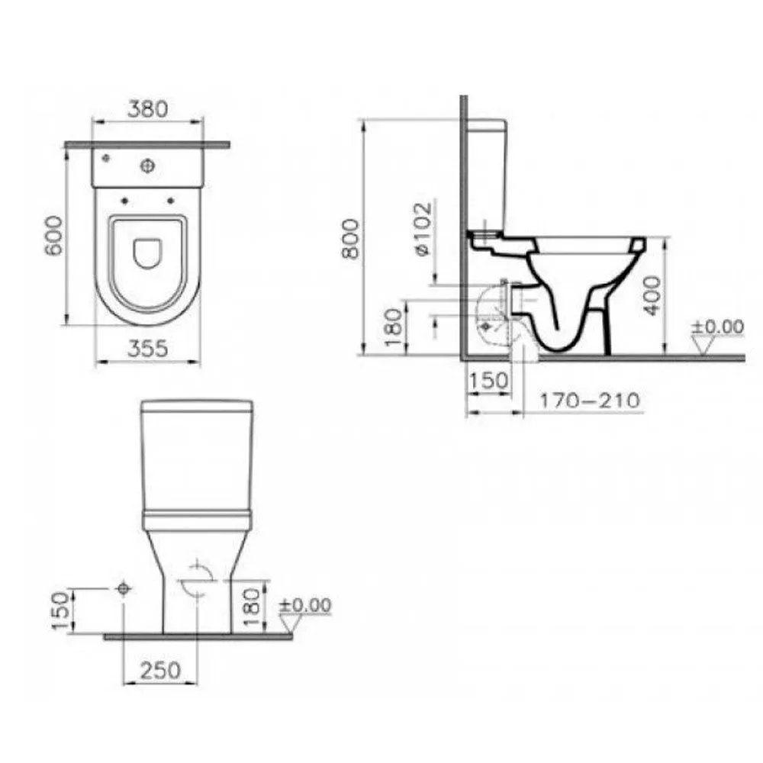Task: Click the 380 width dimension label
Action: coord(147,109)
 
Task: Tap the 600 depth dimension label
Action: coord(53,236)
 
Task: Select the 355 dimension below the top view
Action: coord(147,349)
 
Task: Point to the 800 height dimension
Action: coord(351,238)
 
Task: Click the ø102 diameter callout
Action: coord(423,228)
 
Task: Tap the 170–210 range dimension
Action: coord(589,401)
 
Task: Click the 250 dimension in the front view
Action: coord(160,671)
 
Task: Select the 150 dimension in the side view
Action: coord(489,381)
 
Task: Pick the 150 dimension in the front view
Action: coord(61,611)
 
